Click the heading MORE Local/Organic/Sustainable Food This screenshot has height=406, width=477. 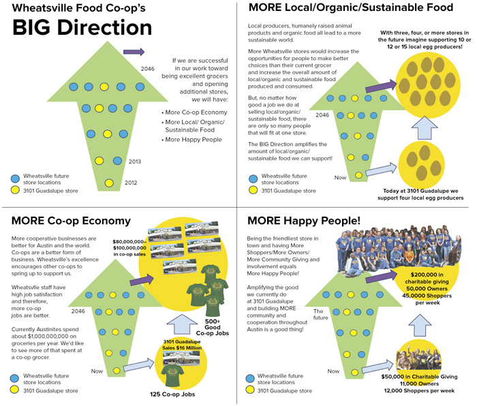[x=350, y=8]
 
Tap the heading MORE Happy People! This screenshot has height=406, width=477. [x=304, y=221]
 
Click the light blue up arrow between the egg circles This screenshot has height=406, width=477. [x=423, y=128]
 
